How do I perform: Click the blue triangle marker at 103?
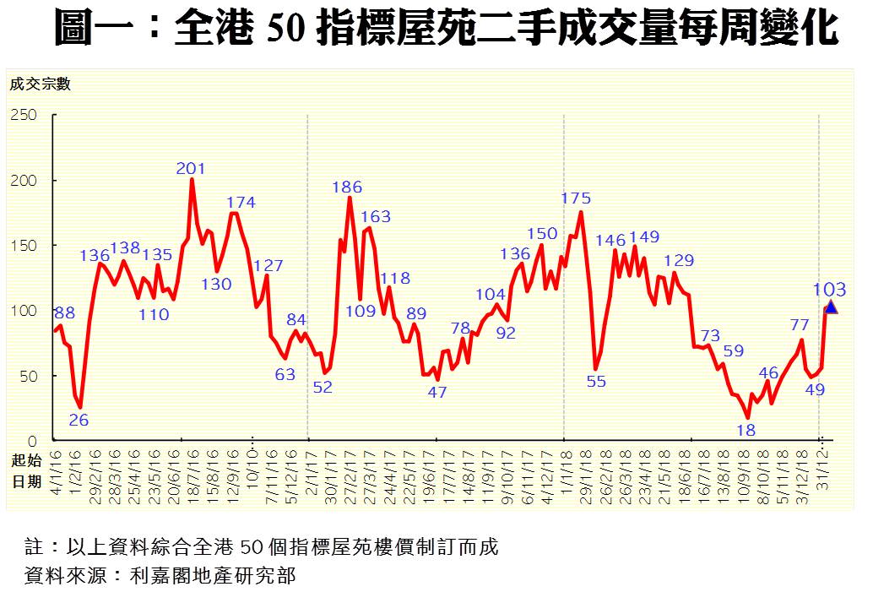(x=831, y=307)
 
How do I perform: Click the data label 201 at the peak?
(x=191, y=168)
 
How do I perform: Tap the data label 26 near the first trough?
(x=79, y=419)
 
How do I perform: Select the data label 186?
(x=347, y=187)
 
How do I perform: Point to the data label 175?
(x=576, y=198)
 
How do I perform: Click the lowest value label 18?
(x=746, y=430)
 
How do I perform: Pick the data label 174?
(x=241, y=203)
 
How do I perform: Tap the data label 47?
(x=436, y=392)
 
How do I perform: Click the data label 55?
(x=596, y=381)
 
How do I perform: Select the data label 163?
(x=376, y=216)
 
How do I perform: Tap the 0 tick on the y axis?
(x=34, y=441)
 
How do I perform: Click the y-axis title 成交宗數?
(x=41, y=84)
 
